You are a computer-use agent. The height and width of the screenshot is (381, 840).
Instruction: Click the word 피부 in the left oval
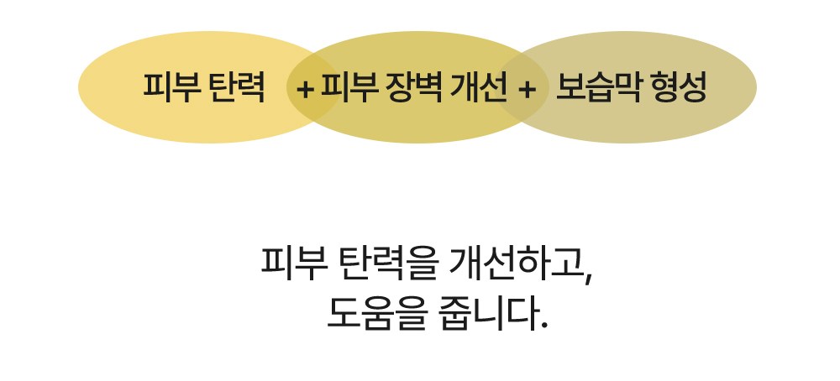pyautogui.click(x=170, y=87)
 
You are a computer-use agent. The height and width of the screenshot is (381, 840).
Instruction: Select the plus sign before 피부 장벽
pyautogui.click(x=305, y=89)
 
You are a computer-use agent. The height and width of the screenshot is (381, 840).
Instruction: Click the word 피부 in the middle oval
pyautogui.click(x=347, y=87)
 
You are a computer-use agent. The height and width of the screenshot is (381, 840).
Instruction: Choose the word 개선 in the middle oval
pyautogui.click(x=479, y=87)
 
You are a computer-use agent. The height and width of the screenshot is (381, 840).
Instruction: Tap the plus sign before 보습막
pyautogui.click(x=528, y=89)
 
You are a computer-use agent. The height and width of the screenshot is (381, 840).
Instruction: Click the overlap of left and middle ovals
pyautogui.click(x=314, y=87)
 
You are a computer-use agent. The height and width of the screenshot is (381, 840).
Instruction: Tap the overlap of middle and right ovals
pyautogui.click(x=522, y=87)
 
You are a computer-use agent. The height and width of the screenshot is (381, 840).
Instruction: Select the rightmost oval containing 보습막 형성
pyautogui.click(x=627, y=87)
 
